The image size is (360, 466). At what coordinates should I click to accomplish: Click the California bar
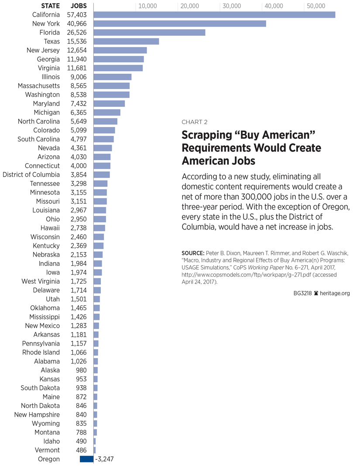[214, 15]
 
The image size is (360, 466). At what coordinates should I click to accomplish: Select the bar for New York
[180, 24]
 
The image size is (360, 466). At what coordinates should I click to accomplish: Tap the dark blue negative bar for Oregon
[86, 459]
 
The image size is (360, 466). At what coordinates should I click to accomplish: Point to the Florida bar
[149, 33]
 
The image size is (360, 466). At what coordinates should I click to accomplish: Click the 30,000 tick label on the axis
[231, 6]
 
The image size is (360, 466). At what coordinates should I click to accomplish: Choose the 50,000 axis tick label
[316, 6]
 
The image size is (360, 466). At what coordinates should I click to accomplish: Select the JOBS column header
[79, 6]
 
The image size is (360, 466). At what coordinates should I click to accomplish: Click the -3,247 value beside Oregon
[104, 459]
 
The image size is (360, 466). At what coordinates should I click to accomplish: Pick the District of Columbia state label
[31, 175]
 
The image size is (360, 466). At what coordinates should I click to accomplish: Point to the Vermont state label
[47, 450]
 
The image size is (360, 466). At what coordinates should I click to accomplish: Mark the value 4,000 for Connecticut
[79, 166]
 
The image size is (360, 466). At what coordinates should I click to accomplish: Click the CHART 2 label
[195, 122]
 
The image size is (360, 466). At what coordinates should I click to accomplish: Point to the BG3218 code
[302, 293]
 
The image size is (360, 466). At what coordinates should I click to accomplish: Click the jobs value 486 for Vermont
[81, 450]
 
